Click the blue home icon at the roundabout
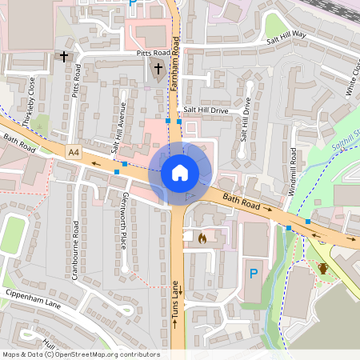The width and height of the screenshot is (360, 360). click(180, 172)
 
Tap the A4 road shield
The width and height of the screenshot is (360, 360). click(74, 151)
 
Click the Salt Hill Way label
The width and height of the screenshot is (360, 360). click(286, 34)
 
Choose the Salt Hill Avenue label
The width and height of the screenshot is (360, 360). click(118, 128)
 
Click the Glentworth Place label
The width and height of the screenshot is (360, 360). click(123, 219)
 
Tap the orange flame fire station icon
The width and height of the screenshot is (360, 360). click(202, 238)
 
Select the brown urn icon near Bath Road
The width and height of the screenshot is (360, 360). click(322, 268)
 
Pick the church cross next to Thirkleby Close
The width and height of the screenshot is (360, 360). click(63, 56)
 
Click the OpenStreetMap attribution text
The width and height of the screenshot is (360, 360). click(81, 354)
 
